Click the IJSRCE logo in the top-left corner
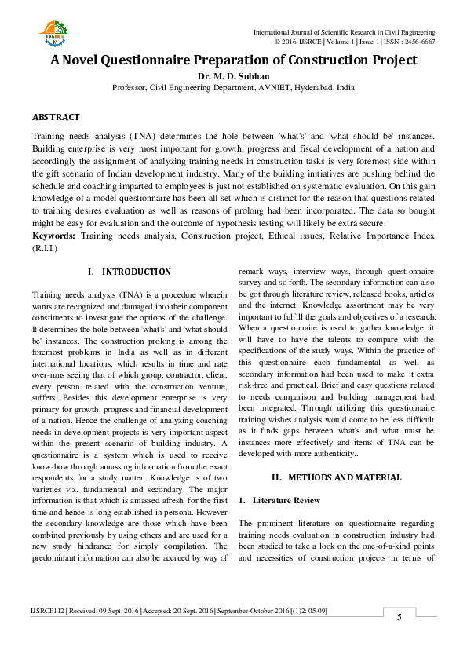(x=52, y=34)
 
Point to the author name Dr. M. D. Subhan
(x=233, y=76)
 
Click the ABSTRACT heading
(x=56, y=117)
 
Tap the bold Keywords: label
(x=54, y=236)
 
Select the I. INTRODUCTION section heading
(x=129, y=272)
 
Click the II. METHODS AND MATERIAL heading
(x=336, y=477)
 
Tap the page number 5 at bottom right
(x=399, y=618)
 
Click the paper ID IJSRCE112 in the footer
(x=48, y=610)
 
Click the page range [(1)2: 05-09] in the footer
(x=305, y=610)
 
